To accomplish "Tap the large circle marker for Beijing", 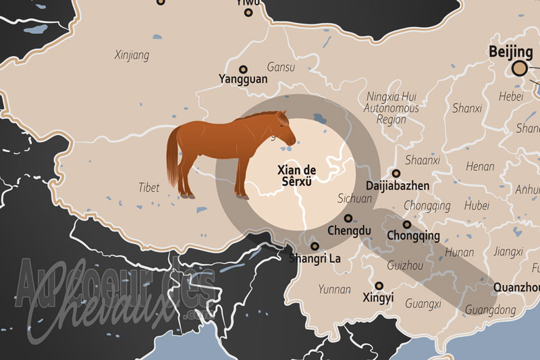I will [519, 68].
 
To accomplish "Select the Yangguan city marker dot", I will [244, 68].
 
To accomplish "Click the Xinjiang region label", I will [132, 55].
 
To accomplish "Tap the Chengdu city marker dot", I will [348, 218].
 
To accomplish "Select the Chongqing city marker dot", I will [406, 224].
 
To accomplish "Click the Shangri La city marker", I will [315, 246].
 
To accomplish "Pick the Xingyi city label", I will [379, 297].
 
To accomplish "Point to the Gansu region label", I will [281, 68].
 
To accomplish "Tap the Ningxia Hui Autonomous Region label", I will [391, 108].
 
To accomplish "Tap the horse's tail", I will [173, 159].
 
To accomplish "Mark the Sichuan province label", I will [354, 199].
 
